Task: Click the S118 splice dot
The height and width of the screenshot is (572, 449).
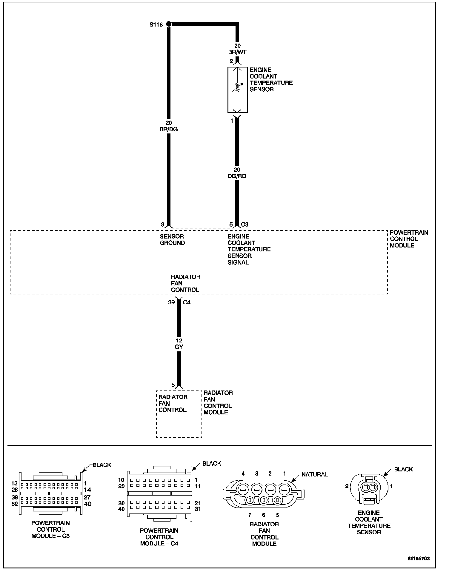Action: [x=169, y=24]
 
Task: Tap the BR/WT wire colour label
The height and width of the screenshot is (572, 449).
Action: [x=237, y=52]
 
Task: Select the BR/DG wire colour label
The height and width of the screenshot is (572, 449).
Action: [x=169, y=129]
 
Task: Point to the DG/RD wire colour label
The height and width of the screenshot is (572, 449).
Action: [x=237, y=176]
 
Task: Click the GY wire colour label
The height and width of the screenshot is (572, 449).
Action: [x=179, y=347]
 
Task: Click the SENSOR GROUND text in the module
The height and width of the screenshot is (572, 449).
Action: [x=172, y=240]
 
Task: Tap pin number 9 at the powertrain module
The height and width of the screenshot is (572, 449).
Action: [x=162, y=224]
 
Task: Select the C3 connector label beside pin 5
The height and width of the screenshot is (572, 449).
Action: [x=245, y=224]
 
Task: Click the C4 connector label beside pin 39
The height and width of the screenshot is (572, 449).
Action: [x=187, y=302]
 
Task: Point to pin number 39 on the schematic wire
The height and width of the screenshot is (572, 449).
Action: [x=171, y=302]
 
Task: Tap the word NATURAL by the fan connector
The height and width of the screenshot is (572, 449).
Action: [x=315, y=474]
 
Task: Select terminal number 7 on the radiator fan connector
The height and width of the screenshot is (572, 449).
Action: [x=250, y=515]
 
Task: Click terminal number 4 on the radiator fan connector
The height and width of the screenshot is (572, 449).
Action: [x=243, y=473]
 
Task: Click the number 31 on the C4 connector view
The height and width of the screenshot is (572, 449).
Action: [x=198, y=509]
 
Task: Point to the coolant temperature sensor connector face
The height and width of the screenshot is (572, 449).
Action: [x=369, y=489]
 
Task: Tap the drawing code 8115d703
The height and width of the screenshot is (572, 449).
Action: [x=419, y=559]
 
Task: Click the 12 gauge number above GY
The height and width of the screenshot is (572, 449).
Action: [x=179, y=340]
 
